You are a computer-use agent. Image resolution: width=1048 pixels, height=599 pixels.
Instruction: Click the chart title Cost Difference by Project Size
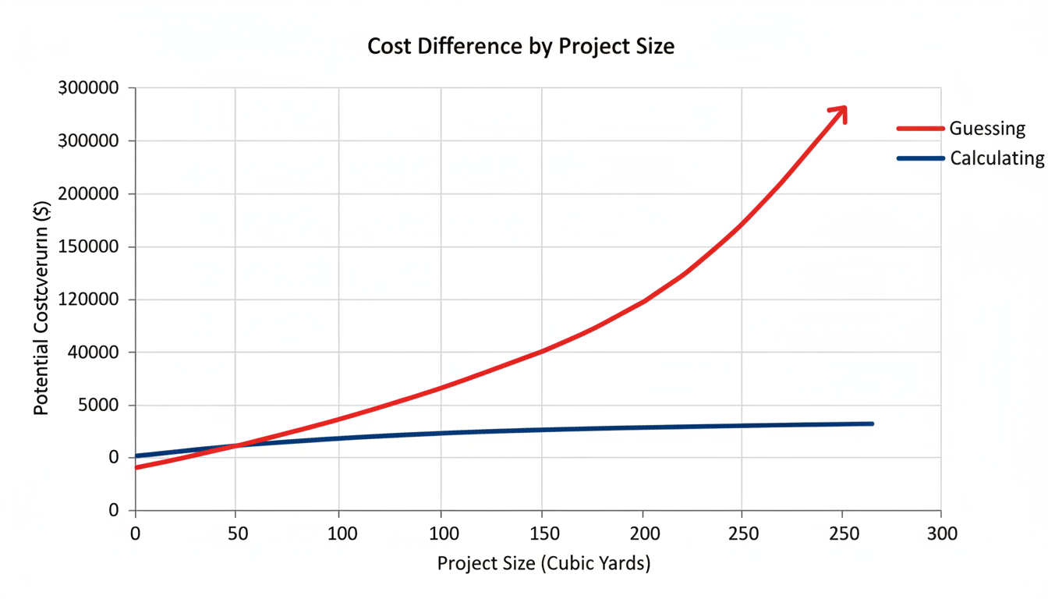click(520, 46)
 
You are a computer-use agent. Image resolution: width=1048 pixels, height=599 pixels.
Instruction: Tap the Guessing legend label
click(986, 129)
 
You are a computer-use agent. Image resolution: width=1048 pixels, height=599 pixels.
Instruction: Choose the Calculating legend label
click(997, 158)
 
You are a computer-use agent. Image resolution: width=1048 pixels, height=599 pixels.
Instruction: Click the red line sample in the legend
click(921, 129)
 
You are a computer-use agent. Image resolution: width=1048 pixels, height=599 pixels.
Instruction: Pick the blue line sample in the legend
click(921, 158)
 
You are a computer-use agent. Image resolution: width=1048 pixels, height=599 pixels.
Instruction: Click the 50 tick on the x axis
click(235, 534)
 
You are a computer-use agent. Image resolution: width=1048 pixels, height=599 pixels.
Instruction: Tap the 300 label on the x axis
click(941, 534)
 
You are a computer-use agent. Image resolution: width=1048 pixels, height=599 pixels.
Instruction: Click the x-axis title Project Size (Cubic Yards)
click(543, 563)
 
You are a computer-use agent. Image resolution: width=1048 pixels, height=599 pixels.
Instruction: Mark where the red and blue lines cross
click(234, 445)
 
